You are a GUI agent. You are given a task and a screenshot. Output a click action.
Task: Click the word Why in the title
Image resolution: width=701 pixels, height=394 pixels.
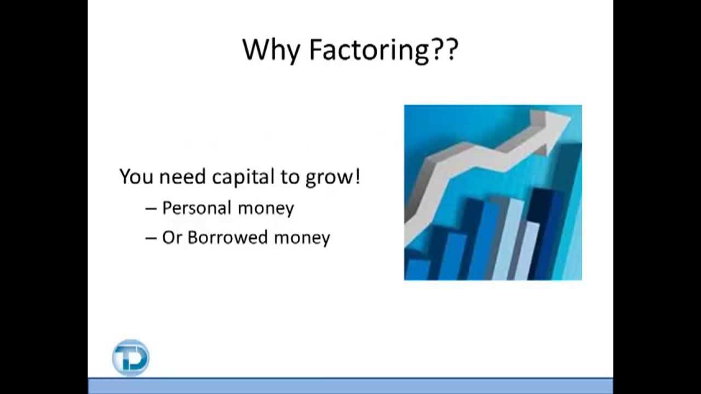point(271,50)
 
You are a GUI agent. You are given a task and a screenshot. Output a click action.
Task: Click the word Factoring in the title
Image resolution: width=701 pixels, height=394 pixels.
point(369,50)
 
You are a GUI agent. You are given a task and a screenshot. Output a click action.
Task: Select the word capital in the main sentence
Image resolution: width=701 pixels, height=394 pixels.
point(243,177)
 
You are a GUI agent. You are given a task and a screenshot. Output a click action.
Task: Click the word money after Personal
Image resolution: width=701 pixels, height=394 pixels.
point(267,208)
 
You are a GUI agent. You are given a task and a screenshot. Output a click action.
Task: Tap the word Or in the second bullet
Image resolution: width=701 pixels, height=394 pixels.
point(172,237)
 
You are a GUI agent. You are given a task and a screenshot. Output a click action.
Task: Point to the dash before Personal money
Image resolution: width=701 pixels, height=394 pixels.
point(151,208)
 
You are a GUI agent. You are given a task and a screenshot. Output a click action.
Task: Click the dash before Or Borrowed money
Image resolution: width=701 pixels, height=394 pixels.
point(151,238)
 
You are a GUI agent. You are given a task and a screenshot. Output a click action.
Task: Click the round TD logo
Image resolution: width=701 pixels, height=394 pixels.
point(130,358)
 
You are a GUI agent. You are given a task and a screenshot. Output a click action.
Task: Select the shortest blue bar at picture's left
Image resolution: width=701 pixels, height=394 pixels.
point(417,268)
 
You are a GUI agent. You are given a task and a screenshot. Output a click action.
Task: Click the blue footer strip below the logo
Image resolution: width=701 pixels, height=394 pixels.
point(350,386)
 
